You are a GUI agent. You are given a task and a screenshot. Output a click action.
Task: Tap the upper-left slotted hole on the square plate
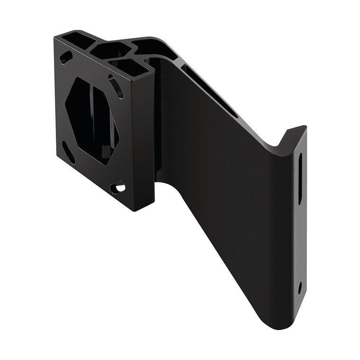pyautogui.click(x=66, y=57)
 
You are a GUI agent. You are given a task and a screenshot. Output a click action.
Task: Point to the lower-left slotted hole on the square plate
pyautogui.click(x=69, y=153)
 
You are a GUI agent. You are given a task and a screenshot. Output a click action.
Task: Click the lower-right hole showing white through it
pyautogui.click(x=118, y=188)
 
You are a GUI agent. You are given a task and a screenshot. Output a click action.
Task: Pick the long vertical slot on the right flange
pyautogui.click(x=300, y=178)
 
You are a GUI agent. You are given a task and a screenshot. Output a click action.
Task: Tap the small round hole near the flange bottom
pyautogui.click(x=300, y=287)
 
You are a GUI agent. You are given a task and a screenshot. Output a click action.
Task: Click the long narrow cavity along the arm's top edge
pyautogui.click(x=208, y=90)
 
